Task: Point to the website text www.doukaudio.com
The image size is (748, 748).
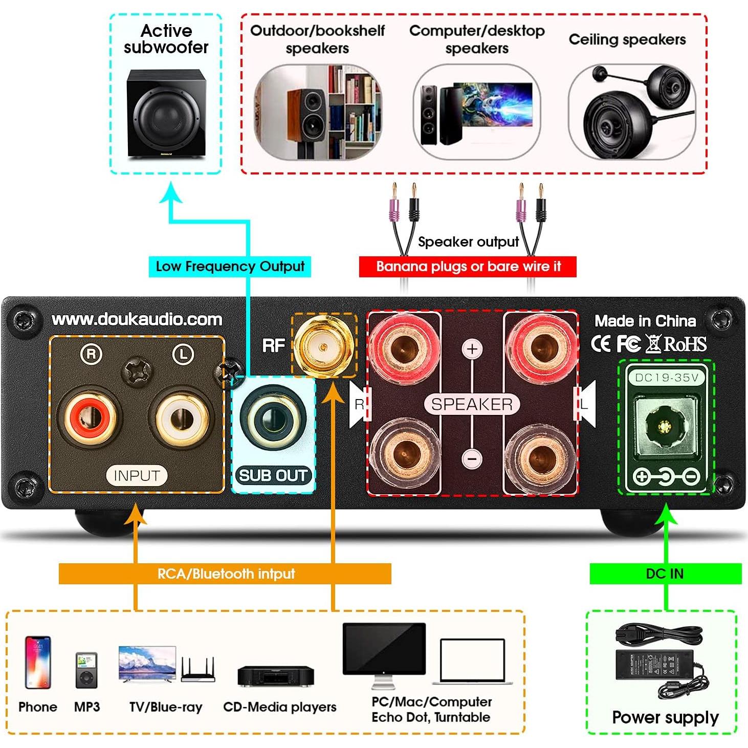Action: tap(137, 320)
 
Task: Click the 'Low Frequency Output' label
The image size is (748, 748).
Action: tap(230, 267)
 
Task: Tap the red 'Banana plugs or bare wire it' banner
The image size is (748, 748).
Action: tap(468, 267)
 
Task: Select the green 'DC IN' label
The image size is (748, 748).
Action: tap(665, 574)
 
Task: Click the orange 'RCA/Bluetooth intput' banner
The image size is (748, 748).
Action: tap(225, 574)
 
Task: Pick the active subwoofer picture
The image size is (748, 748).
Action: tap(166, 114)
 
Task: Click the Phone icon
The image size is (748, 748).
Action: tap(38, 662)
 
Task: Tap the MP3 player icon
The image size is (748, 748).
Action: tap(86, 670)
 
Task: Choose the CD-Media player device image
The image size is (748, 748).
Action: tap(276, 676)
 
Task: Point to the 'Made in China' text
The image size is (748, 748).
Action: tap(645, 321)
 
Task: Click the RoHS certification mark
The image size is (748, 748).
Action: tap(686, 344)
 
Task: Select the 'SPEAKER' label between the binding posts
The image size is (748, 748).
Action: tap(472, 404)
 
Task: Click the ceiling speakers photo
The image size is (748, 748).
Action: tap(631, 113)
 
